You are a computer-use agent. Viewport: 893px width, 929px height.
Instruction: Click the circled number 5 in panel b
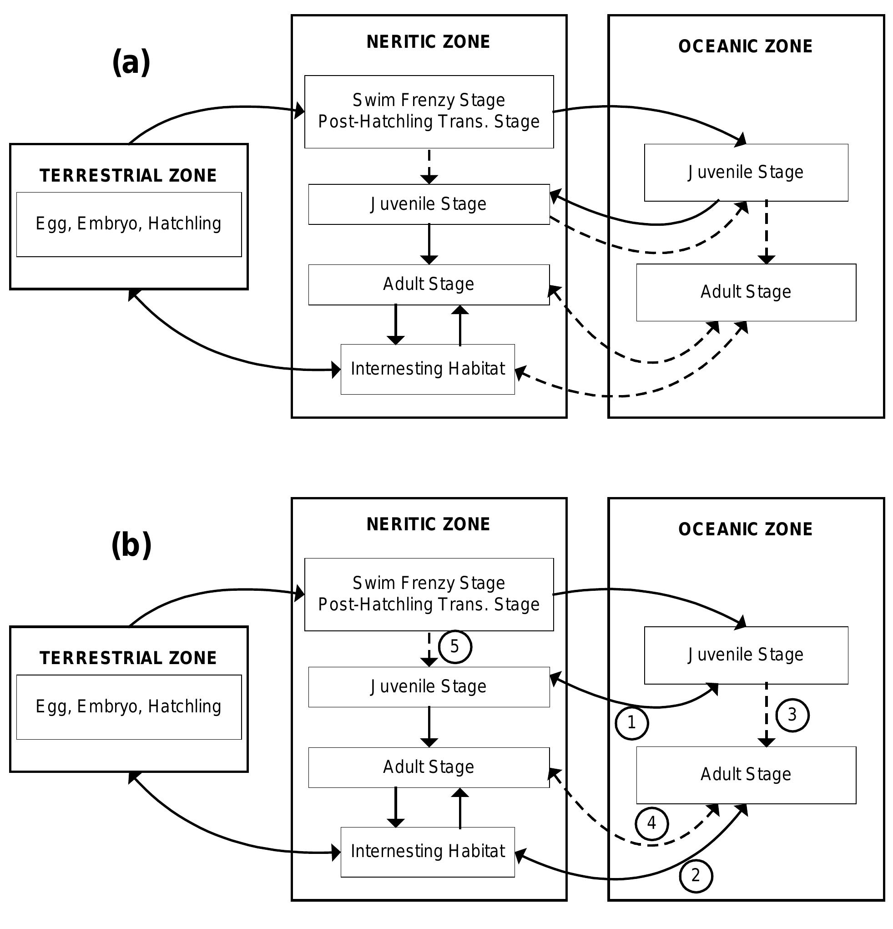coord(454,646)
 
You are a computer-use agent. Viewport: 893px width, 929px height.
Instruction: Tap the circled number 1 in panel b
coord(631,723)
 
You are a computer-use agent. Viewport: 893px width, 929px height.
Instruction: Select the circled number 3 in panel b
coord(792,715)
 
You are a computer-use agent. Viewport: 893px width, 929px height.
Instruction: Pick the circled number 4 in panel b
coord(651,823)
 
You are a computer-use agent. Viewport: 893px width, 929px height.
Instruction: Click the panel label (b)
coord(131,546)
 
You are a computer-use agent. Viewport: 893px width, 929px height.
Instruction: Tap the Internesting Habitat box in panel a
coord(427,369)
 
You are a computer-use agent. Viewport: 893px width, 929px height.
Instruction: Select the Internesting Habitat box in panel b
coord(427,852)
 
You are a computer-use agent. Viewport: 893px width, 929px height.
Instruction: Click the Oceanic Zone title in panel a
coord(745,46)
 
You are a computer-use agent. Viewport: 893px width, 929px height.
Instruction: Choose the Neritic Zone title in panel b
coord(428,524)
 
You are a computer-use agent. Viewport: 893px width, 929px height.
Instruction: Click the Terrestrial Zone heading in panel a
coord(128,176)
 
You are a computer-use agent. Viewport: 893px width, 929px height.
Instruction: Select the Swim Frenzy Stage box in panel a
coord(429,112)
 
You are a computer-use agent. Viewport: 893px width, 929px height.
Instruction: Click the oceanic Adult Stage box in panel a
coord(746,292)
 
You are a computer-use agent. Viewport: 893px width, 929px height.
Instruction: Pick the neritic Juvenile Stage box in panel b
coord(429,687)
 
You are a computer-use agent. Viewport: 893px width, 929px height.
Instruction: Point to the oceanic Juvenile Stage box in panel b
coord(746,655)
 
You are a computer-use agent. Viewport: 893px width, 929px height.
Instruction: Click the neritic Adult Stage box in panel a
coord(429,284)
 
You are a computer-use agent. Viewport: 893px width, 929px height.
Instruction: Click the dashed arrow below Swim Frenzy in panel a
coord(429,166)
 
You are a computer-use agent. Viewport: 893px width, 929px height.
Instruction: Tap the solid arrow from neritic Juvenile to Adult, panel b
coord(429,726)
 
